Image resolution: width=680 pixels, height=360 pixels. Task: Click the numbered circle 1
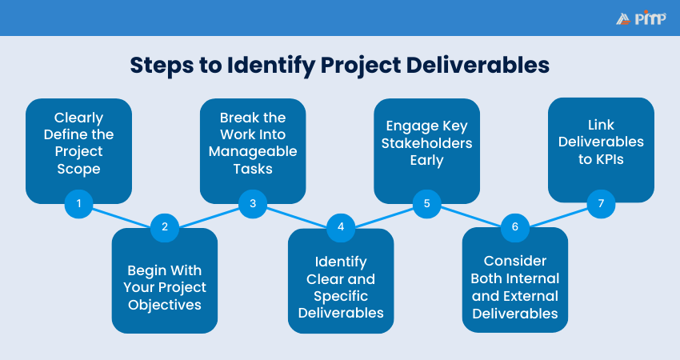[78, 204]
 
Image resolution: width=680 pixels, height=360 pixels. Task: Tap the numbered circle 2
[164, 226]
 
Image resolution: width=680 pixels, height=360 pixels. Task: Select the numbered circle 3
[253, 204]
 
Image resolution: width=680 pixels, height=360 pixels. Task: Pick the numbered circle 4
[340, 226]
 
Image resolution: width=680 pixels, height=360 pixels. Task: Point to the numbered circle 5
[427, 204]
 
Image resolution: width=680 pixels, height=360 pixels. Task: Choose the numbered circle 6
[514, 226]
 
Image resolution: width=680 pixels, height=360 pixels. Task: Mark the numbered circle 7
[601, 204]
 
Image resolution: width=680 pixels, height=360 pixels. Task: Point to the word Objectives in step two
[164, 304]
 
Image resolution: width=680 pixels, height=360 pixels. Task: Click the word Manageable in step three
[253, 151]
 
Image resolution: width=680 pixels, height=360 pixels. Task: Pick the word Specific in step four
[341, 295]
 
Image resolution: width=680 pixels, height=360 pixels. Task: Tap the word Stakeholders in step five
[427, 143]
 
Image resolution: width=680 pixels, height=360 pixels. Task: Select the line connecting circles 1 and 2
[122, 215]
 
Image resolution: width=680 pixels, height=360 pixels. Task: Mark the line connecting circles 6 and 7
[558, 215]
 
